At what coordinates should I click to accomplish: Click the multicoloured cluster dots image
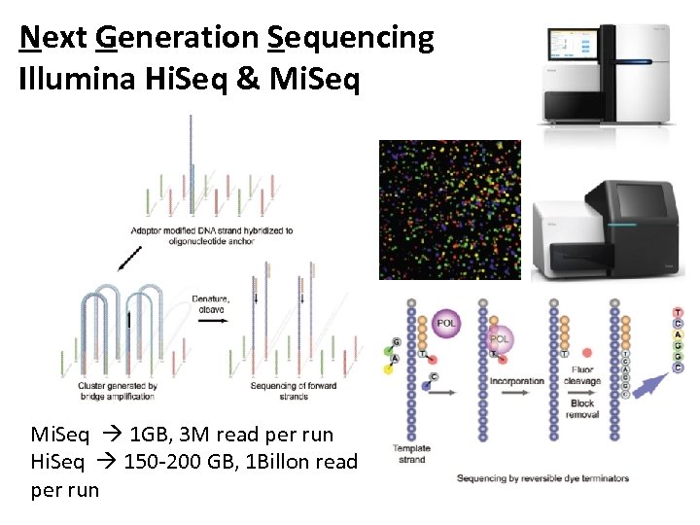click(449, 209)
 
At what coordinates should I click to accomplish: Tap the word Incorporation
click(516, 381)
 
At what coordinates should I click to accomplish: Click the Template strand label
click(411, 454)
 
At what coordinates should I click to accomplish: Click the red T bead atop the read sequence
click(678, 312)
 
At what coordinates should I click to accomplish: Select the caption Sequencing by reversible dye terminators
click(543, 477)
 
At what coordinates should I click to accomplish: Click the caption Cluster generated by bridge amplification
click(117, 392)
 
